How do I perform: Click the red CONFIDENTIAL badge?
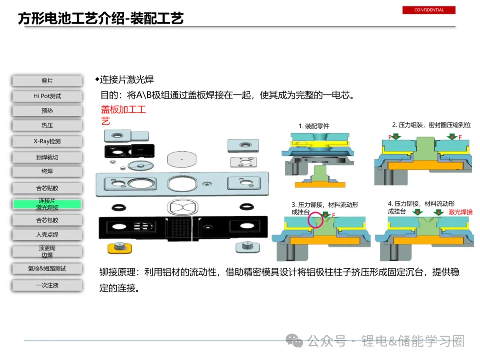coord(428,10)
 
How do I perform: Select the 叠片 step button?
coord(47,81)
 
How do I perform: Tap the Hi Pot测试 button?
coord(47,96)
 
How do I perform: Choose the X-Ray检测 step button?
coord(47,141)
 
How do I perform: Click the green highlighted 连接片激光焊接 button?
coord(47,204)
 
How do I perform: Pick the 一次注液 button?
coord(47,285)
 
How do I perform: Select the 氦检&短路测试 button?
coord(47,268)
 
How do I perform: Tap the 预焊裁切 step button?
coord(47,157)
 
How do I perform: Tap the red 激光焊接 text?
coord(460,212)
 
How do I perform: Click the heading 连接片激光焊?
coord(127,80)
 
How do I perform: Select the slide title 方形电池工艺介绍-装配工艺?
coord(101,18)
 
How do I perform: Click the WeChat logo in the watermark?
coord(294,341)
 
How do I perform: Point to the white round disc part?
coord(181,159)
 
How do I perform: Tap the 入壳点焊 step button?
coord(47,235)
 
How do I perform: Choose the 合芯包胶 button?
coord(47,220)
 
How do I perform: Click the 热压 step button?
coord(47,125)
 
